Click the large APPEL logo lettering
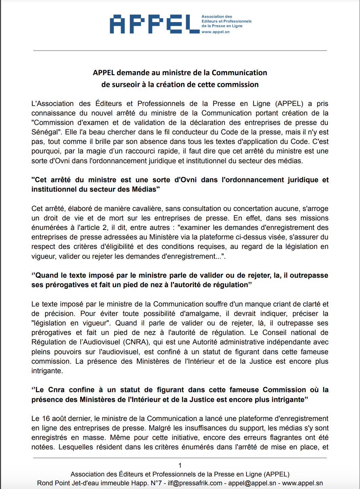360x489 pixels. click(x=154, y=24)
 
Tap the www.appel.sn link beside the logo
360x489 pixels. click(x=215, y=32)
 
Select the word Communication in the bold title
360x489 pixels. click(x=239, y=73)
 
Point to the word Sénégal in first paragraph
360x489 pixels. click(x=45, y=132)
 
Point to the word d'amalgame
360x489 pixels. click(x=200, y=314)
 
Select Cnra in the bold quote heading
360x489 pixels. click(x=56, y=390)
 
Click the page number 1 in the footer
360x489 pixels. click(x=180, y=465)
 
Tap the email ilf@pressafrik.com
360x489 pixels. click(x=195, y=483)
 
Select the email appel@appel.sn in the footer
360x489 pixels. click(x=252, y=483)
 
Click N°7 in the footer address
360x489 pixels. click(x=157, y=483)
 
